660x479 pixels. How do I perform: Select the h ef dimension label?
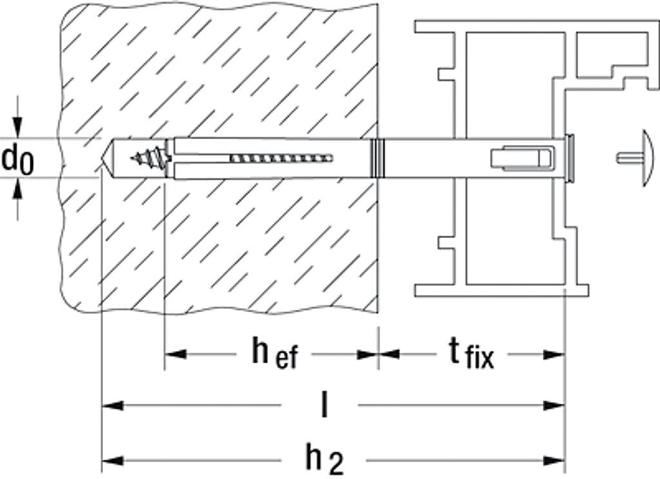pos(274,354)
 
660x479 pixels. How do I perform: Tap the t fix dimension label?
pos(471,354)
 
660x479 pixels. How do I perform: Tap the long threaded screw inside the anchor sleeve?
pos(281,158)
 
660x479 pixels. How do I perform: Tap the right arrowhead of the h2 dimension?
pos(555,460)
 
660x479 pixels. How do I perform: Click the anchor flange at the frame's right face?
pos(569,158)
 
